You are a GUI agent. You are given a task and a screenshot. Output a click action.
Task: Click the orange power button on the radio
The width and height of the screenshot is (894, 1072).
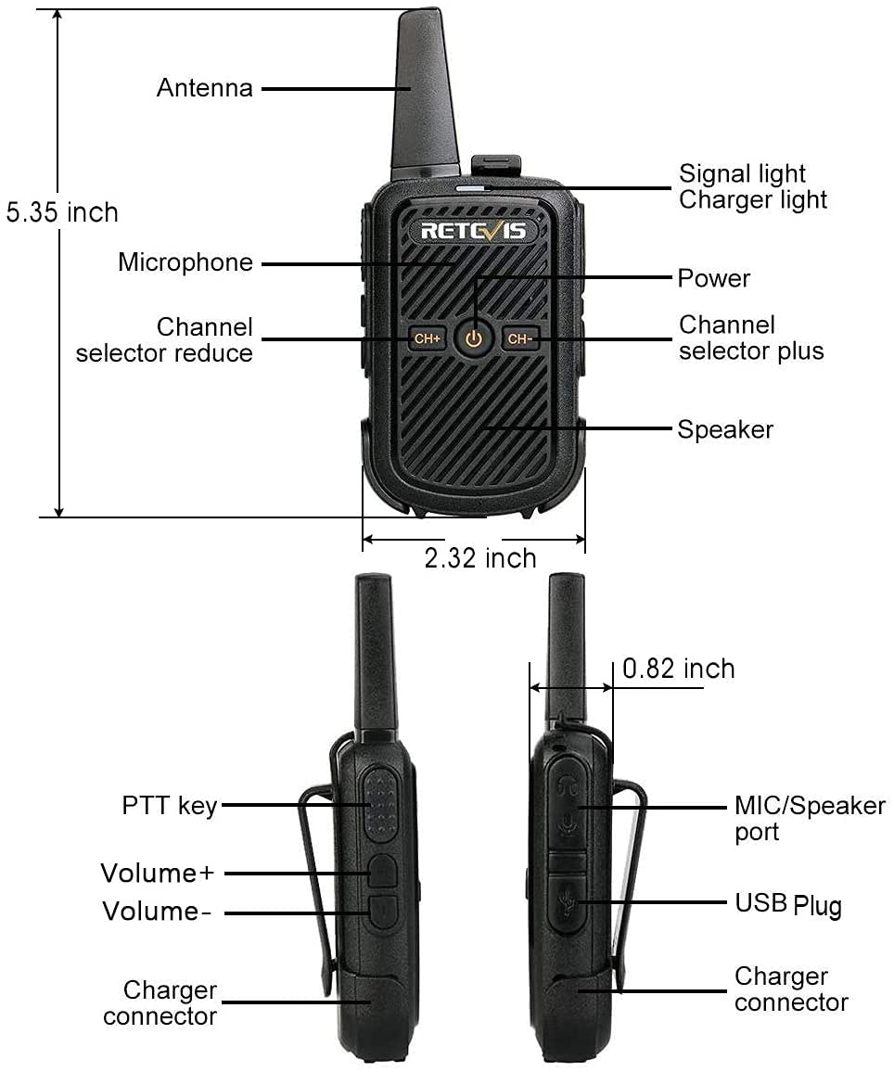pyautogui.click(x=474, y=338)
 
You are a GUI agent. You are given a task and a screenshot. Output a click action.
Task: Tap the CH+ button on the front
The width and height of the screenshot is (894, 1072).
pyautogui.click(x=427, y=338)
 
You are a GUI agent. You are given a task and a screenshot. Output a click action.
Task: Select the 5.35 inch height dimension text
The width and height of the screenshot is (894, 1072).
pyautogui.click(x=62, y=212)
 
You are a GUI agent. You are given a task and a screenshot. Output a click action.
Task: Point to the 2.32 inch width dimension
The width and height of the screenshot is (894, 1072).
pyautogui.click(x=480, y=558)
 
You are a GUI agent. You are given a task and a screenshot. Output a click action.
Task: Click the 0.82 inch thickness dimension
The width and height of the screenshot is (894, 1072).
pyautogui.click(x=679, y=669)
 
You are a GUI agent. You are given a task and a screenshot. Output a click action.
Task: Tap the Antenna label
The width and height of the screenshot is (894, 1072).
pyautogui.click(x=204, y=88)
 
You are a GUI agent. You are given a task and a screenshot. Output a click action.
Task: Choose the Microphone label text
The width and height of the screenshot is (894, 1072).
pyautogui.click(x=185, y=262)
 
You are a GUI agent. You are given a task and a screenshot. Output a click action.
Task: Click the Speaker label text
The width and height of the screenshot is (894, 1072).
pyautogui.click(x=725, y=429)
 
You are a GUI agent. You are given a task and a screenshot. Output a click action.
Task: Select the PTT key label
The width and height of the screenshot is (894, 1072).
pyautogui.click(x=170, y=805)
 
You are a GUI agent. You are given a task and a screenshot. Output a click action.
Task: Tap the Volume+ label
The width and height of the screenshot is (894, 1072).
pyautogui.click(x=158, y=873)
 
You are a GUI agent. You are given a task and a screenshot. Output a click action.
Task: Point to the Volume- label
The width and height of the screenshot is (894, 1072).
pyautogui.click(x=157, y=912)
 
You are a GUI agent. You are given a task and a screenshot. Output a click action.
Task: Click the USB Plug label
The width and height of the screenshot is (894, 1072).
pyautogui.click(x=788, y=903)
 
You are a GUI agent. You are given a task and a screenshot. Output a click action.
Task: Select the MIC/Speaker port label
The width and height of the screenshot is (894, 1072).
pyautogui.click(x=810, y=818)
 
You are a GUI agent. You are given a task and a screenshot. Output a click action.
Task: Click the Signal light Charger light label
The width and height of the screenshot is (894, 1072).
pyautogui.click(x=753, y=186)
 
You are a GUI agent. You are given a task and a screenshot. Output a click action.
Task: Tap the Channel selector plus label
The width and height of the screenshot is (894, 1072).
pyautogui.click(x=751, y=338)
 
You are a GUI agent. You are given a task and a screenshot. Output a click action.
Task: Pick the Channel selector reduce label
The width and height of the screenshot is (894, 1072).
pyautogui.click(x=164, y=339)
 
